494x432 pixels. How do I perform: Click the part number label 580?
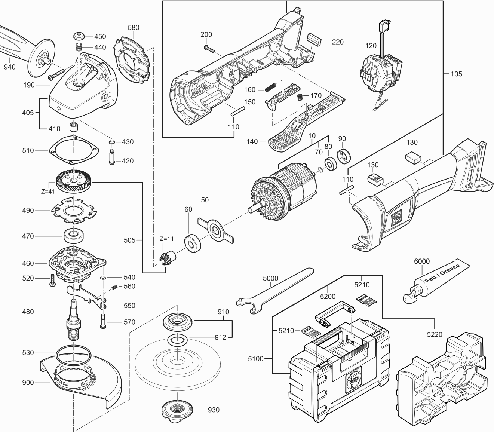(x=134, y=27)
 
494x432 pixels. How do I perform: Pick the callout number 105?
(x=456, y=74)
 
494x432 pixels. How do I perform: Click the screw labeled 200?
(x=209, y=48)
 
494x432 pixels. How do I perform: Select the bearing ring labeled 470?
(x=74, y=236)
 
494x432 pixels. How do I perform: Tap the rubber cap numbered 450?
(x=79, y=37)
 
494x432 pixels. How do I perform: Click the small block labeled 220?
(x=314, y=39)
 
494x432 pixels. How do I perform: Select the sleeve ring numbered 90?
(x=344, y=157)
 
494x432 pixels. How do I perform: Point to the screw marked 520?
(x=52, y=280)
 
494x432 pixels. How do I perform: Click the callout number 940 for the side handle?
(x=10, y=67)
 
